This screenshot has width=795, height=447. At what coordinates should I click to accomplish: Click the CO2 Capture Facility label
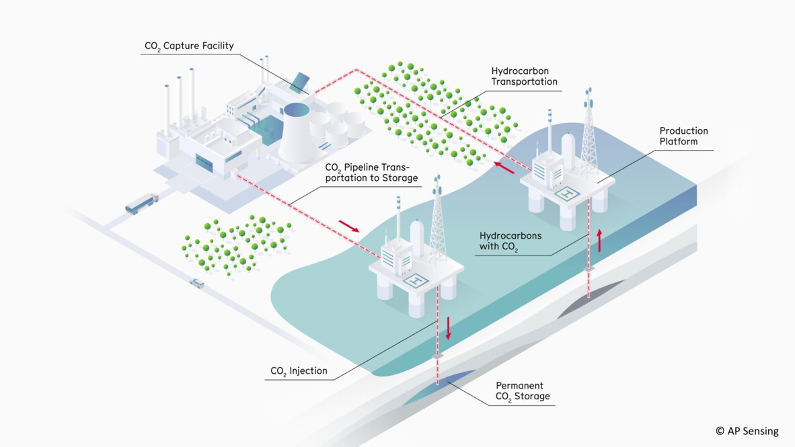pyautogui.click(x=189, y=46)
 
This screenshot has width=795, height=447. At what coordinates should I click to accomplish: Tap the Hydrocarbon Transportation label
pyautogui.click(x=524, y=76)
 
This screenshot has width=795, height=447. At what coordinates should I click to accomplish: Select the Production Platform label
pyautogui.click(x=683, y=136)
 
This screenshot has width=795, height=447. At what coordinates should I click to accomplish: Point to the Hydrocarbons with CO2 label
pyautogui.click(x=510, y=241)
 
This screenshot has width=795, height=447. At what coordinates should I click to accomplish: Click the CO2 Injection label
pyautogui.click(x=299, y=370)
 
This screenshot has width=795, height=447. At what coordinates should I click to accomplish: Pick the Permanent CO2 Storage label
pyautogui.click(x=523, y=391)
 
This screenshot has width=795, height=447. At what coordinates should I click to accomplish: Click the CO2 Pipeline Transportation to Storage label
pyautogui.click(x=371, y=173)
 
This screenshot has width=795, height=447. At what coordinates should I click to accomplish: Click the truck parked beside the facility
pyautogui.click(x=141, y=204)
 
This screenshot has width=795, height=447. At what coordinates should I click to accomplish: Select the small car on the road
pyautogui.click(x=196, y=283)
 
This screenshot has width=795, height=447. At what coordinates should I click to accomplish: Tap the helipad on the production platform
pyautogui.click(x=569, y=193)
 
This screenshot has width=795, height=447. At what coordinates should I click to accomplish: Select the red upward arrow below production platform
pyautogui.click(x=599, y=239)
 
